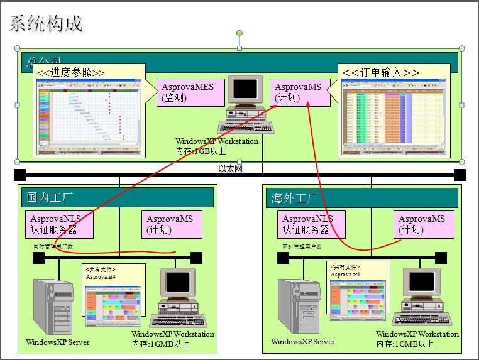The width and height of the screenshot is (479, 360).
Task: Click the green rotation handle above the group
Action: point(239,33)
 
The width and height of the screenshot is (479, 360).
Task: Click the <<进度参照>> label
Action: point(71,73)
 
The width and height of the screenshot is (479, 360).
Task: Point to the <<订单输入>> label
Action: point(381,73)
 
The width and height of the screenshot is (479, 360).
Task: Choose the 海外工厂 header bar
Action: point(361,197)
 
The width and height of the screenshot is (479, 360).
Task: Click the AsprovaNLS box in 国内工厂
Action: point(60,224)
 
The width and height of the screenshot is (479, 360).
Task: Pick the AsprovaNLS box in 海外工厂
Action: point(308,224)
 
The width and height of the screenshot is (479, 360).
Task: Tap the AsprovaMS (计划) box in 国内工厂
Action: point(170,224)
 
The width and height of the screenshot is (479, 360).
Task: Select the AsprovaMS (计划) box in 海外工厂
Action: point(421,224)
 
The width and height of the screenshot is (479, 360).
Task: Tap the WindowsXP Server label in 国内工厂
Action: point(58,342)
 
